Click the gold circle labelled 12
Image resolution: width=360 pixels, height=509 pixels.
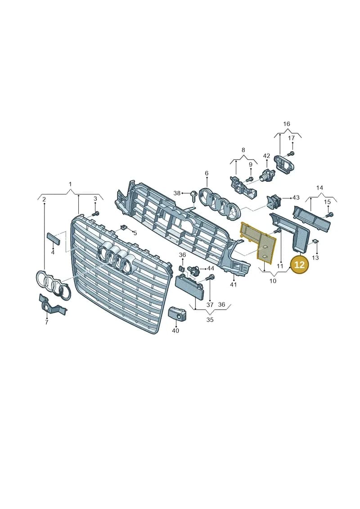click(299, 265)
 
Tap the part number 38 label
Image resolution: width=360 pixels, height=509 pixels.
click(176, 193)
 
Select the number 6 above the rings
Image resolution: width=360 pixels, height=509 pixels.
click(207, 173)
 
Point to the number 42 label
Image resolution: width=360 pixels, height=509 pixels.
click(266, 156)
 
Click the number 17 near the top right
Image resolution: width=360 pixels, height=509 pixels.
click(292, 138)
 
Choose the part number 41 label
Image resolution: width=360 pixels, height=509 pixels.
click(234, 285)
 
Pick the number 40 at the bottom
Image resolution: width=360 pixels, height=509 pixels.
click(175, 330)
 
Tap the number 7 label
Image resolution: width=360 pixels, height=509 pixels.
click(46, 322)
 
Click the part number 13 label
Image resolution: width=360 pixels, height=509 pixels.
click(315, 258)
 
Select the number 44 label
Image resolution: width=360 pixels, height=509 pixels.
click(210, 268)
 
